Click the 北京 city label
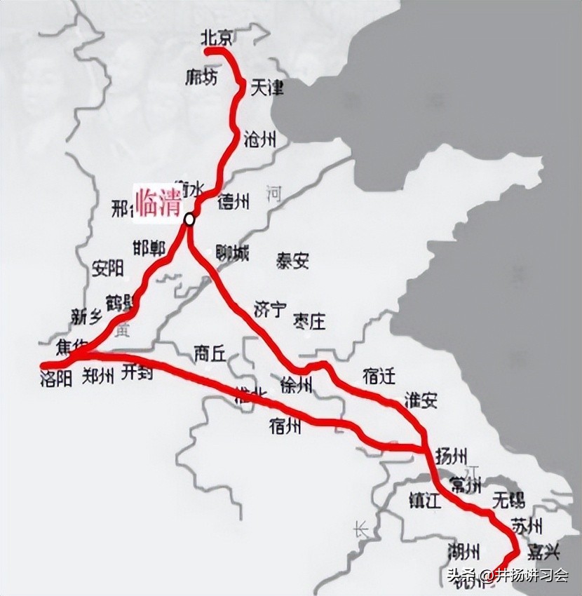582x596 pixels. [217, 37]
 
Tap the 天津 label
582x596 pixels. [267, 88]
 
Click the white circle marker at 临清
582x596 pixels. [189, 219]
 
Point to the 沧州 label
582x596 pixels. [259, 139]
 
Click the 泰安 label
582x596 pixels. [292, 262]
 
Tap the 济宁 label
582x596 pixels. [270, 309]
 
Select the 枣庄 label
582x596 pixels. [310, 321]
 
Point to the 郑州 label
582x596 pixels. [98, 377]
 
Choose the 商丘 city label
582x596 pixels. [210, 353]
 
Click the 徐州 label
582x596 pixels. [295, 385]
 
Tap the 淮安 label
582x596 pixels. [421, 400]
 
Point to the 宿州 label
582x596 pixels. [285, 425]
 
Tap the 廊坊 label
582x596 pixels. [202, 76]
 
